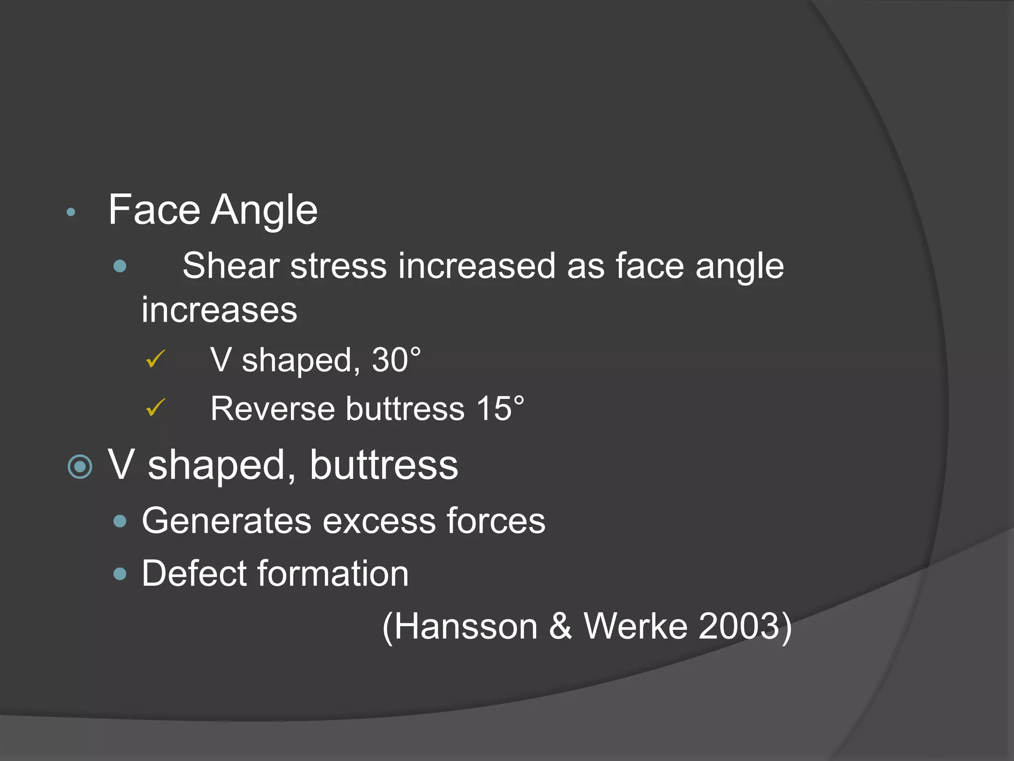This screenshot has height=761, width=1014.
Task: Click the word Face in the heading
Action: click(x=154, y=210)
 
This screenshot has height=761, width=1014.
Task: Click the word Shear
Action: click(x=231, y=266)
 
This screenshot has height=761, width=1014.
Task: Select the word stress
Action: click(x=338, y=266)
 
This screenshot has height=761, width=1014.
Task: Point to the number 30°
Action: click(x=396, y=360)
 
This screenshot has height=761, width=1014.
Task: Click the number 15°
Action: click(x=500, y=409)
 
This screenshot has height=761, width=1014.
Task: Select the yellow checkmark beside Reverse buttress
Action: click(x=155, y=408)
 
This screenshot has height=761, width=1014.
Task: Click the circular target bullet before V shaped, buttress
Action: click(x=80, y=467)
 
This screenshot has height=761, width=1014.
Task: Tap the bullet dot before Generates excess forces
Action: click(x=120, y=521)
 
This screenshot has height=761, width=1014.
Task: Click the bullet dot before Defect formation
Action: click(x=120, y=574)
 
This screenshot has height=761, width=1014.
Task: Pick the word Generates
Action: click(x=226, y=521)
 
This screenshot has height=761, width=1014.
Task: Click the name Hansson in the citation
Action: click(x=466, y=626)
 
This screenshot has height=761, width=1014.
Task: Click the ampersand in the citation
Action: click(x=560, y=626)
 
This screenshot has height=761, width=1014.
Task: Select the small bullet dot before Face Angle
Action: click(x=71, y=213)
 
